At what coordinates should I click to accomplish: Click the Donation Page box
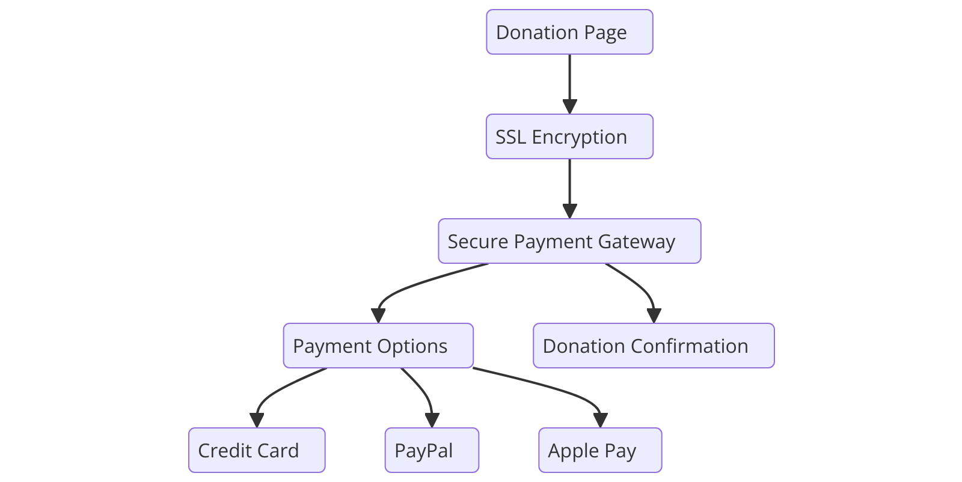(x=569, y=32)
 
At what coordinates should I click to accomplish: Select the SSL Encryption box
(x=569, y=136)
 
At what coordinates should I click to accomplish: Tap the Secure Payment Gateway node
(x=569, y=241)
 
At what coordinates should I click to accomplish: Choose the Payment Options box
(x=378, y=346)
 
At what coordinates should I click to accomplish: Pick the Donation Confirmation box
(x=654, y=346)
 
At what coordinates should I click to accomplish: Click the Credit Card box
(x=257, y=450)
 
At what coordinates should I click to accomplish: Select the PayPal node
(x=432, y=450)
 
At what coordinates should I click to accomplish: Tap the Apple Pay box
(x=600, y=450)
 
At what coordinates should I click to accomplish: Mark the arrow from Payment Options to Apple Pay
(x=553, y=389)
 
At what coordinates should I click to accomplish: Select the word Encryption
(x=579, y=137)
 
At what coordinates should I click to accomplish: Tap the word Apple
(x=573, y=451)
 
